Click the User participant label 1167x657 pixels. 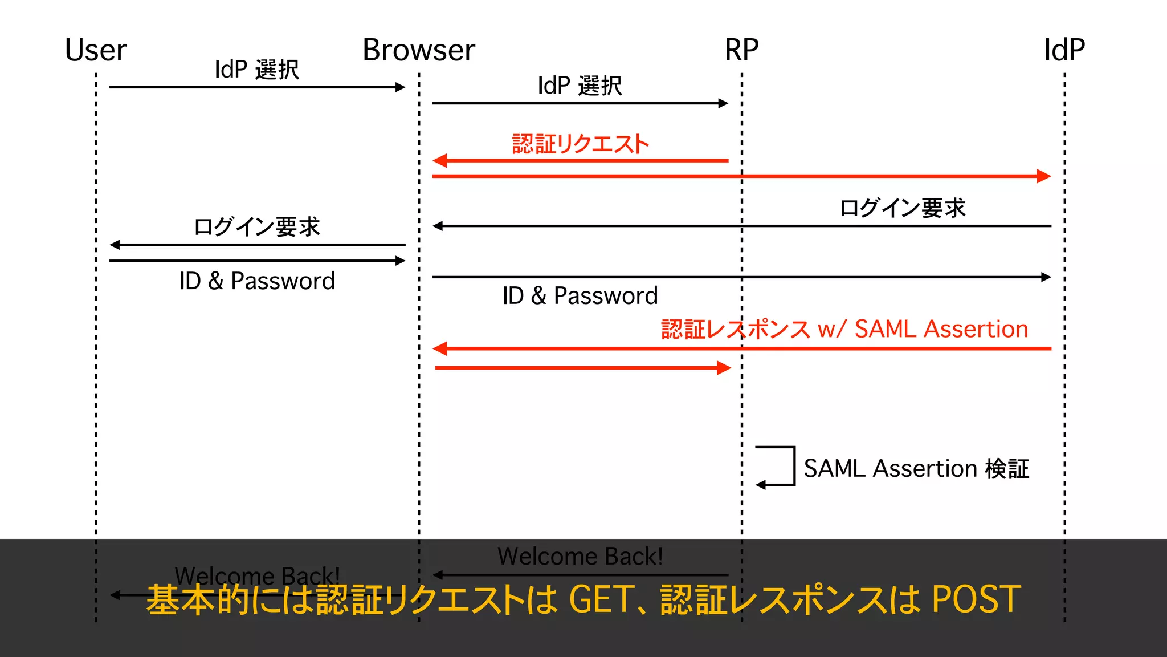pyautogui.click(x=95, y=50)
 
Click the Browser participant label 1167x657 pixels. pyautogui.click(x=418, y=50)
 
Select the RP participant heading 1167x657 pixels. pyautogui.click(x=741, y=50)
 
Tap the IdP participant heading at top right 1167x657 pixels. pyautogui.click(x=1064, y=50)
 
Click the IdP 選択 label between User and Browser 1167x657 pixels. pyautogui.click(x=256, y=70)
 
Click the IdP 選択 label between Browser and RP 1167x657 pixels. pyautogui.click(x=580, y=86)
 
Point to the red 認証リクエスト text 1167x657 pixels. pyautogui.click(x=580, y=144)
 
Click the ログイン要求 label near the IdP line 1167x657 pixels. pyautogui.click(x=903, y=208)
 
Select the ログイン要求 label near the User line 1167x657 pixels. pyautogui.click(x=256, y=226)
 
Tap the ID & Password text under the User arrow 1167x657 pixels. pyautogui.click(x=256, y=281)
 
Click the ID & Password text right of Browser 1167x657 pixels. pyautogui.click(x=580, y=295)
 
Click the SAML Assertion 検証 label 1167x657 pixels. pyautogui.click(x=916, y=469)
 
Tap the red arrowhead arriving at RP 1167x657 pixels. pyautogui.click(x=724, y=368)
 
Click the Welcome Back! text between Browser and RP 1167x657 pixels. pyautogui.click(x=580, y=556)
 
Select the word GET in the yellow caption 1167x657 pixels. pyautogui.click(x=601, y=599)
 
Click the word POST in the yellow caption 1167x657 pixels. pyautogui.click(x=976, y=599)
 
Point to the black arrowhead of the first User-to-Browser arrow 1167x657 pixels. pyautogui.click(x=401, y=87)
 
